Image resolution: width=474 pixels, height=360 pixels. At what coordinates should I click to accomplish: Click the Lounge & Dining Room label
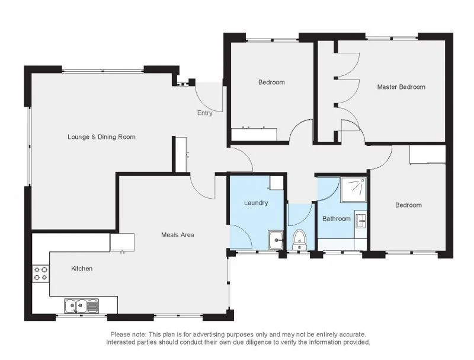[x=101, y=137]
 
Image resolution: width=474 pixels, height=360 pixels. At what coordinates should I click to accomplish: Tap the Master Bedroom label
[x=401, y=87]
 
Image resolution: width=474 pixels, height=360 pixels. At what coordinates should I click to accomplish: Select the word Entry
[x=204, y=113]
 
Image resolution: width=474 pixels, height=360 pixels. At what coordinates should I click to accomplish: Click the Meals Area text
[x=178, y=235]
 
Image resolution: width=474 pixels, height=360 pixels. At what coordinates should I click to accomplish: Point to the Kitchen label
[x=82, y=269]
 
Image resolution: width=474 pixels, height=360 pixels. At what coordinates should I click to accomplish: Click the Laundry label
[x=256, y=203]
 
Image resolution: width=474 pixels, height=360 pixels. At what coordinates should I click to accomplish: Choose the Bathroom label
[x=336, y=219]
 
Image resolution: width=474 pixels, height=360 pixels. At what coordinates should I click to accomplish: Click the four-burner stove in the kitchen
[x=41, y=273]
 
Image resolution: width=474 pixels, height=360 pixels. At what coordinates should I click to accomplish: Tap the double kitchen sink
[x=82, y=305]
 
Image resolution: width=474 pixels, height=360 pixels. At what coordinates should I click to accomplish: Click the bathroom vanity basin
[x=361, y=219]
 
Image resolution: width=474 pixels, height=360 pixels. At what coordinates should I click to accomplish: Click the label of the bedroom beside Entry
[x=271, y=82]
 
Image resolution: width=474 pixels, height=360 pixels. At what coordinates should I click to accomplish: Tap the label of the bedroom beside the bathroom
[x=408, y=205]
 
